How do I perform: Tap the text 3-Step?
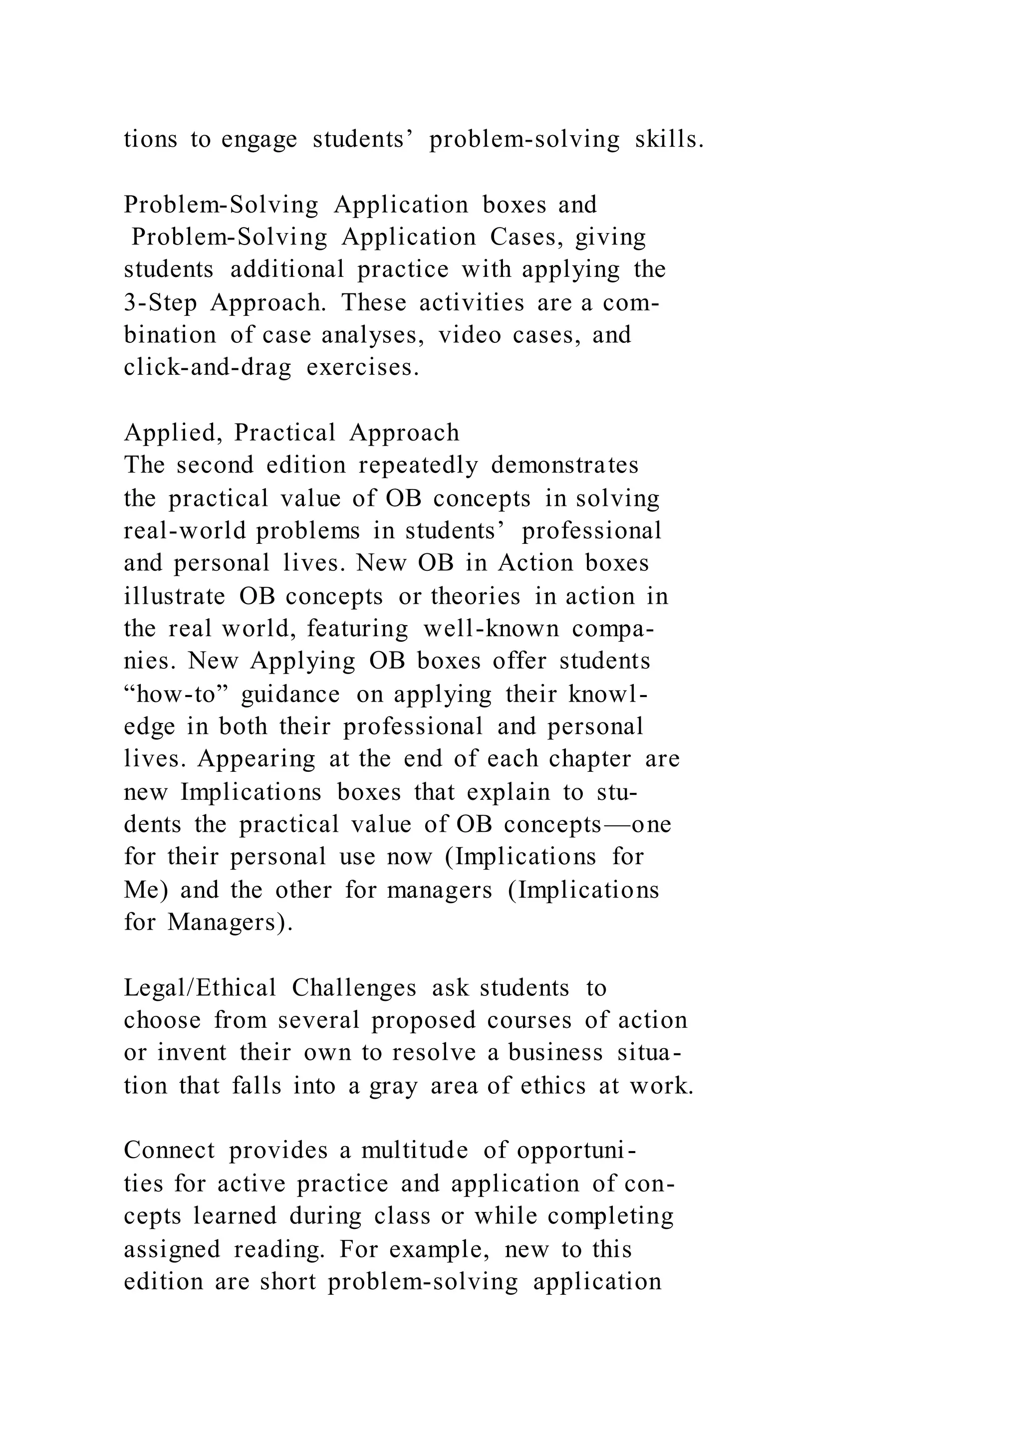[x=160, y=303]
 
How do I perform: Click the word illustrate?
[x=174, y=596]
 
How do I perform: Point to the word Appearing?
[x=256, y=759]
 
